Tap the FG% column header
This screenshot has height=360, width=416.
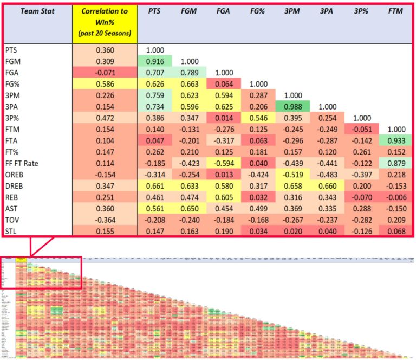[257, 11]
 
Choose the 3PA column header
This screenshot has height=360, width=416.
[327, 11]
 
